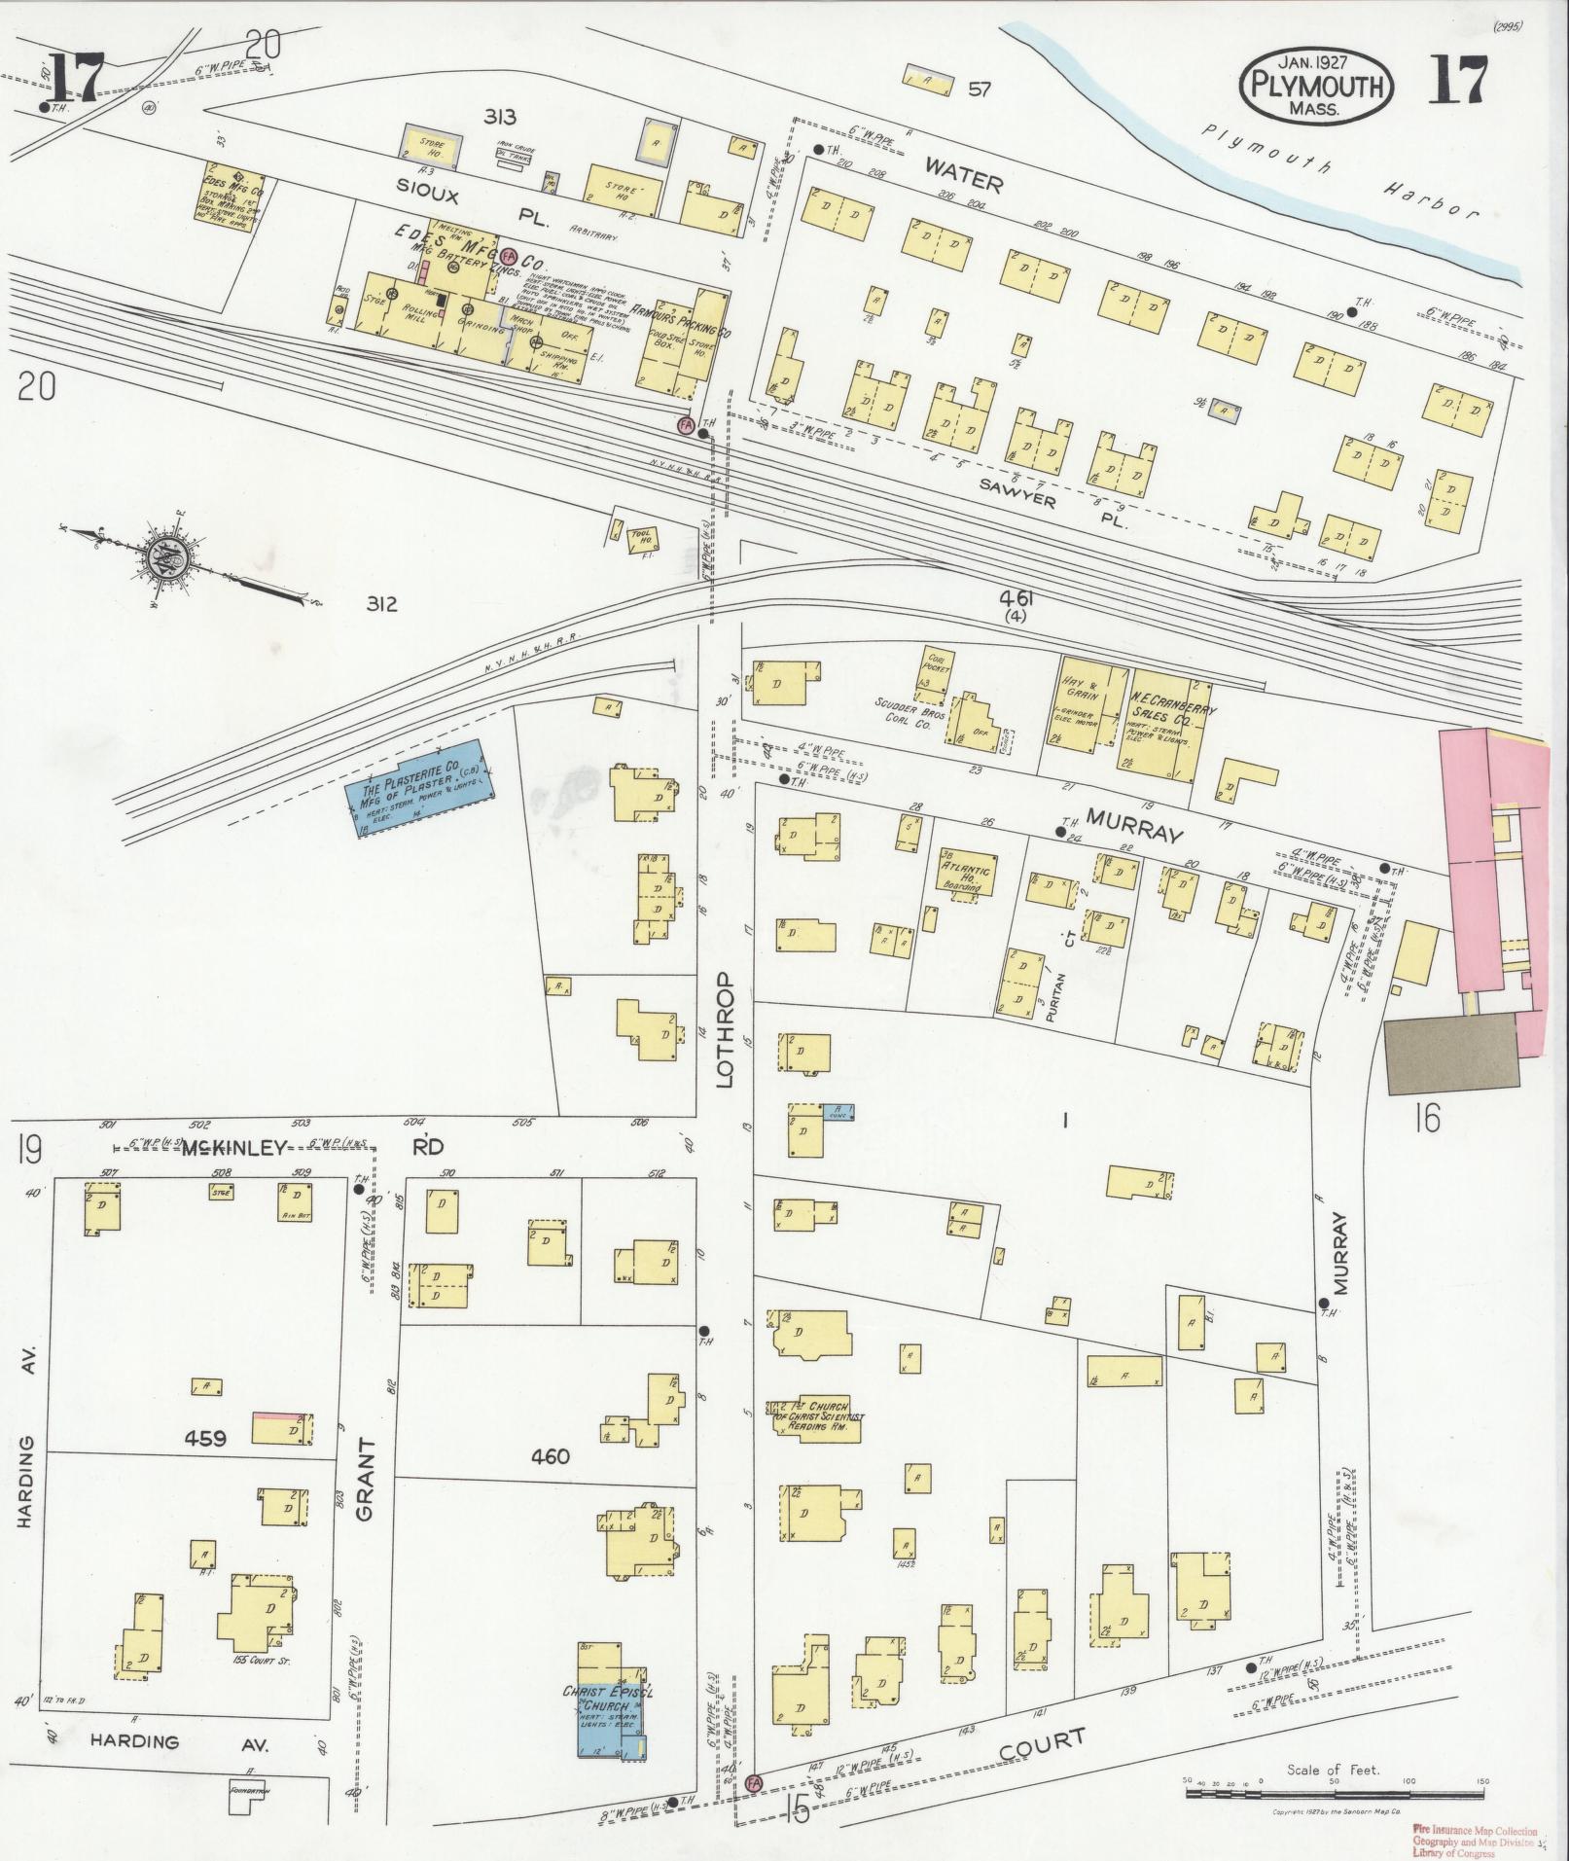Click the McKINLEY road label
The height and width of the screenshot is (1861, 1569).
point(237,1149)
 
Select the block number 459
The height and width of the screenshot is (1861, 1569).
point(204,1437)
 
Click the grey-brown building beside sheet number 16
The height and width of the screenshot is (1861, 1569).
point(1451,1051)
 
